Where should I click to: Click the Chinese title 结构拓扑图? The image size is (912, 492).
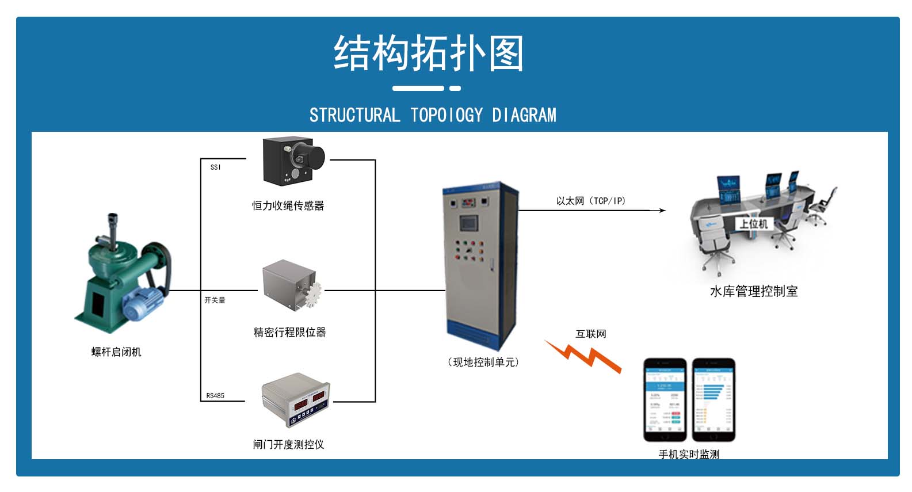pyautogui.click(x=428, y=53)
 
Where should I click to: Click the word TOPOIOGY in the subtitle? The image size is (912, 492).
pyautogui.click(x=447, y=115)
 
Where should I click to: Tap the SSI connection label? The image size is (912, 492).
pyautogui.click(x=215, y=167)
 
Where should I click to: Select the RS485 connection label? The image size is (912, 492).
pyautogui.click(x=215, y=396)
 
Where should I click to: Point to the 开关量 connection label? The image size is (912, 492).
pyautogui.click(x=215, y=300)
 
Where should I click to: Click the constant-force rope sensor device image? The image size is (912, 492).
pyautogui.click(x=292, y=161)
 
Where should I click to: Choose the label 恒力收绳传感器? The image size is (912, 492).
pyautogui.click(x=288, y=205)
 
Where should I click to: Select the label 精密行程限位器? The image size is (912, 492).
pyautogui.click(x=289, y=333)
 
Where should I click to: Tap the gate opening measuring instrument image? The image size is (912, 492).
pyautogui.click(x=295, y=400)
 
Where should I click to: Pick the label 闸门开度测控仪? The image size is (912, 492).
pyautogui.click(x=288, y=444)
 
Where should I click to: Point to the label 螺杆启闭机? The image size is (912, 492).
pyautogui.click(x=116, y=352)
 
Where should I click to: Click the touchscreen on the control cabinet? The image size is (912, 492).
pyautogui.click(x=468, y=222)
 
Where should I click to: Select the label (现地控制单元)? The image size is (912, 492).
pyautogui.click(x=483, y=363)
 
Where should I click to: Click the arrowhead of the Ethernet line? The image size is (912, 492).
pyautogui.click(x=662, y=211)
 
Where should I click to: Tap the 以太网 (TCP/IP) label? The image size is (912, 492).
pyautogui.click(x=590, y=201)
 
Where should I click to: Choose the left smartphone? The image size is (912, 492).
pyautogui.click(x=665, y=399)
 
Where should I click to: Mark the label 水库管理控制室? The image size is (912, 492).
pyautogui.click(x=753, y=292)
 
